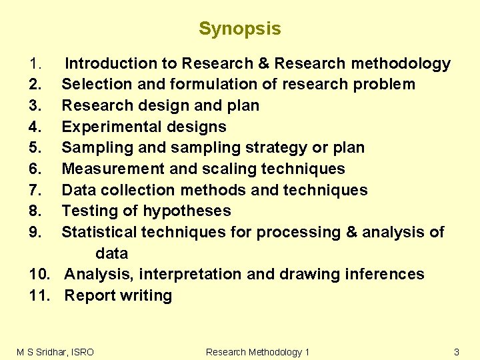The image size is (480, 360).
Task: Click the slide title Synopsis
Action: pyautogui.click(x=239, y=29)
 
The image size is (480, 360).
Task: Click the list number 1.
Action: pyautogui.click(x=36, y=64)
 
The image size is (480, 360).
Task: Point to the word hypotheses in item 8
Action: pyautogui.click(x=187, y=211)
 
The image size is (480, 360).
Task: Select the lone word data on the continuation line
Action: pyautogui.click(x=111, y=253)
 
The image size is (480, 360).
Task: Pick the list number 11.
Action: pyautogui.click(x=40, y=296)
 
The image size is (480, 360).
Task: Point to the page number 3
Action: pyautogui.click(x=457, y=352)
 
